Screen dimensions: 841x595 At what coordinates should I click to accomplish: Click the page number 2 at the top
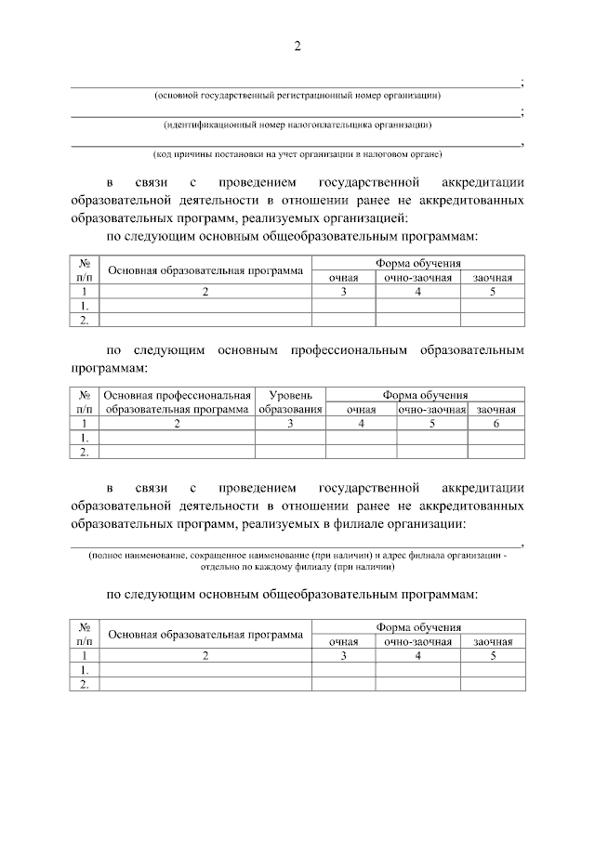point(297,47)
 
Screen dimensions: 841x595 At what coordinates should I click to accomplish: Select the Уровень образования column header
point(290,401)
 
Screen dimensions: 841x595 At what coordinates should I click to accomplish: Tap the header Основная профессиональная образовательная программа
point(178,401)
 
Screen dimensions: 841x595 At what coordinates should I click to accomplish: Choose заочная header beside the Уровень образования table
point(496,410)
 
